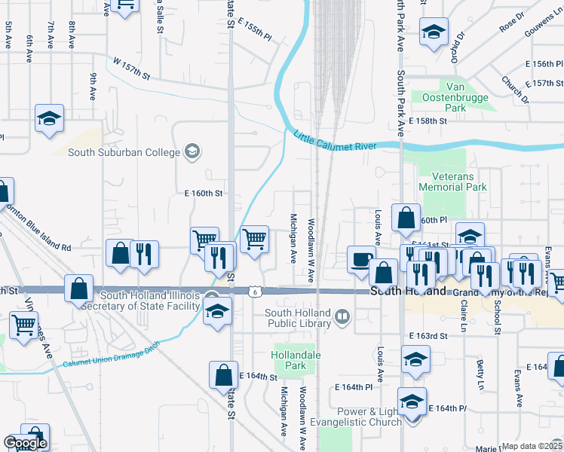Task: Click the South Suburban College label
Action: tap(124, 152)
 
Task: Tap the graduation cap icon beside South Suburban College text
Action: tap(192, 152)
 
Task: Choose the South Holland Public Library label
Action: tap(298, 317)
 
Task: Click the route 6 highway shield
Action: tap(257, 291)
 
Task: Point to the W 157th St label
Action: tap(132, 68)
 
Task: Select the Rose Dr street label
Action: tap(511, 24)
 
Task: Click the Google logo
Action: tap(25, 443)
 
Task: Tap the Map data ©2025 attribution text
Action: tap(532, 446)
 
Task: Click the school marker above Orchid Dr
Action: tap(434, 32)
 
